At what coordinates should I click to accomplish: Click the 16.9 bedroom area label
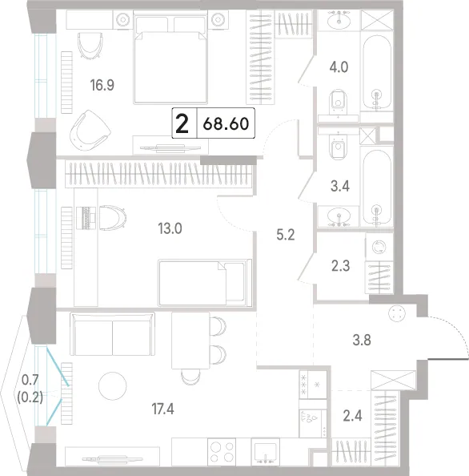[x=102, y=85]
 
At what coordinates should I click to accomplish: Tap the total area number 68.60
[x=226, y=123]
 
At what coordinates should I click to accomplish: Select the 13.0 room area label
[x=170, y=228]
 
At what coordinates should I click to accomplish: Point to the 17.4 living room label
[x=162, y=409]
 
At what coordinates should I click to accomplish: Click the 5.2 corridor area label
[x=286, y=235]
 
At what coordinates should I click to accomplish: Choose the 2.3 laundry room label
[x=340, y=266]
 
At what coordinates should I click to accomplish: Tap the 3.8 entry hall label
[x=362, y=340]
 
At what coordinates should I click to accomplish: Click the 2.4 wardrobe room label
[x=353, y=416]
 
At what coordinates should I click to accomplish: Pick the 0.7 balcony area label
[x=30, y=380]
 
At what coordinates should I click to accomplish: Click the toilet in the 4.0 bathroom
[x=339, y=100]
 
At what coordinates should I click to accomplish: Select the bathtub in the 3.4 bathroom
[x=376, y=188]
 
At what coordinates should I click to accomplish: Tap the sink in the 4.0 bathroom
[x=339, y=20]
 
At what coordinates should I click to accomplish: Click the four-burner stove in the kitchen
[x=222, y=451]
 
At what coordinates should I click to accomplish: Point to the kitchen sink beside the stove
[x=266, y=451]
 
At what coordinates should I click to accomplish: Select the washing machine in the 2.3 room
[x=379, y=247]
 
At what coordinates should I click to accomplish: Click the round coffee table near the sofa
[x=113, y=385]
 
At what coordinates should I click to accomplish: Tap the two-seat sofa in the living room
[x=113, y=334]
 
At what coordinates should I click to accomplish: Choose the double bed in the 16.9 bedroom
[x=170, y=57]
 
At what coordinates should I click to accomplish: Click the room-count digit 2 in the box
[x=182, y=123]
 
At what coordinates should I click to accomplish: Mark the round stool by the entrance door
[x=397, y=313]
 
